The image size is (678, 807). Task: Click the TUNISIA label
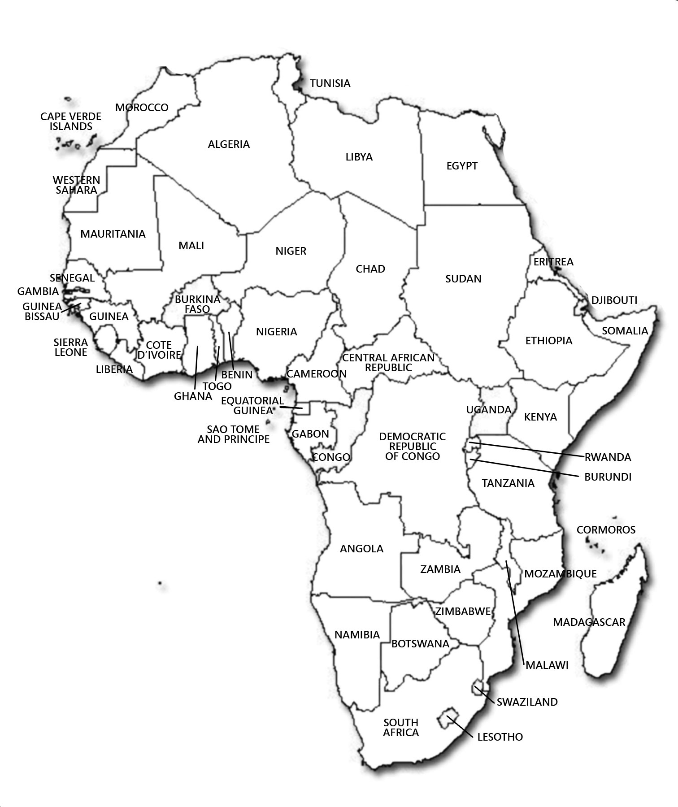[330, 83]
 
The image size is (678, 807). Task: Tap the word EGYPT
[462, 166]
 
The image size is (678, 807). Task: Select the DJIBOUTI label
[614, 300]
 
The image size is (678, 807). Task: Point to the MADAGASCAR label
[589, 622]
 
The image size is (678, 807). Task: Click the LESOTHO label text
[500, 737]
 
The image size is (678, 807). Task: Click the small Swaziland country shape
[478, 686]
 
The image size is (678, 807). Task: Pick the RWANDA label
[608, 457]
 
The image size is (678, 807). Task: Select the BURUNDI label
[608, 477]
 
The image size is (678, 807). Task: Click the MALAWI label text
[547, 665]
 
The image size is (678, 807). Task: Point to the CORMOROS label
[606, 530]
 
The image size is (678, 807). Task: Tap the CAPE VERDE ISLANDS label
[71, 121]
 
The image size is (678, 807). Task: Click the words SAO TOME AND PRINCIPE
[234, 434]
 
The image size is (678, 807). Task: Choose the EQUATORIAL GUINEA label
[252, 405]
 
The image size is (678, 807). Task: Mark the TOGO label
[217, 386]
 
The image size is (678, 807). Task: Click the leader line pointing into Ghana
[196, 368]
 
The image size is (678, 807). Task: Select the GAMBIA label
[38, 292]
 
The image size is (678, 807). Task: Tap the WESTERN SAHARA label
[77, 185]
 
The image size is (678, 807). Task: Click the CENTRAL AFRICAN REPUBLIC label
[388, 363]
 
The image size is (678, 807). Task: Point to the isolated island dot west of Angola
[160, 584]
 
